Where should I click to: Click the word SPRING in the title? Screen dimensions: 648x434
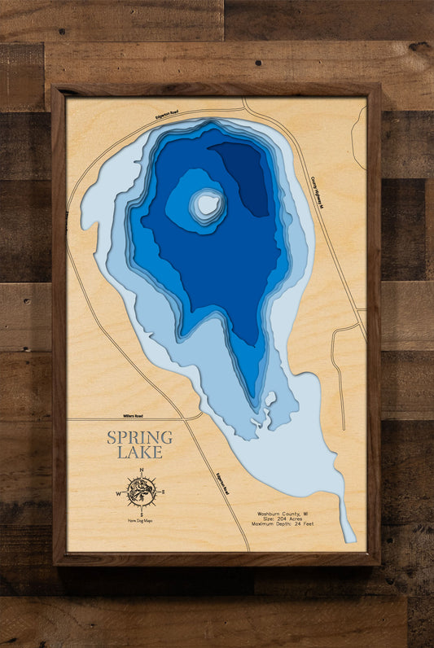(x=140, y=438)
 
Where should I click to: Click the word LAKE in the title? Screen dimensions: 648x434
(x=140, y=453)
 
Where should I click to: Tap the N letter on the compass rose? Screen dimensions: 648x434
(x=142, y=471)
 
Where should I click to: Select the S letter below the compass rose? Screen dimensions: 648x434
(x=142, y=515)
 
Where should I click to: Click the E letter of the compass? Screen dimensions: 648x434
(x=163, y=493)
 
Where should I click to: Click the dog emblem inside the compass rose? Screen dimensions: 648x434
(x=142, y=493)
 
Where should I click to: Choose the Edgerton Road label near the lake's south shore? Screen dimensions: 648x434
(x=222, y=484)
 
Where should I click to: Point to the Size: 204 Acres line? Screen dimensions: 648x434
(x=281, y=520)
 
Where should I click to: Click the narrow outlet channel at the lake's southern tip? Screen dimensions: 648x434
(x=349, y=521)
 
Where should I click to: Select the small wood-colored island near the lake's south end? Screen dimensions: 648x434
(x=270, y=400)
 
